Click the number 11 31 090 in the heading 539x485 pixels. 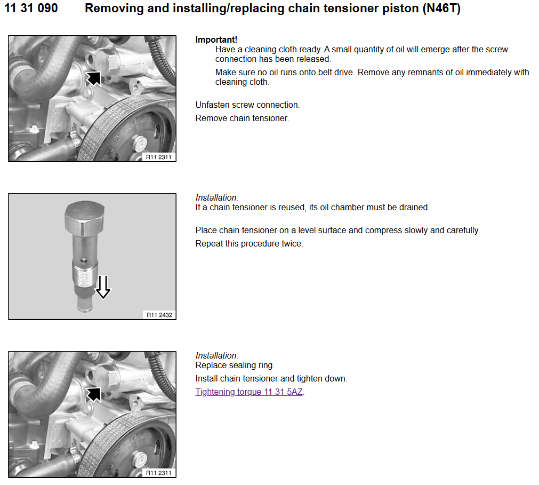[31, 8]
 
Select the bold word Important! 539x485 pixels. [216, 39]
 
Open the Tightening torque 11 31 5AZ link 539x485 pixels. [249, 392]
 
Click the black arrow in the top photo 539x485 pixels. [93, 78]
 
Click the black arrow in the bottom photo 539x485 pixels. [93, 394]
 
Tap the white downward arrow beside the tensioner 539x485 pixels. [103, 287]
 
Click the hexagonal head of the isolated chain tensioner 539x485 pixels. [85, 216]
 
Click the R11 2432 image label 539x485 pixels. [159, 315]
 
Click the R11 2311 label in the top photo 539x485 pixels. [158, 157]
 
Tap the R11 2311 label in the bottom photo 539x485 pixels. [158, 473]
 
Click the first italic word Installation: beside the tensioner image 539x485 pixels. [217, 198]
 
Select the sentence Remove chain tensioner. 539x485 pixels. [243, 118]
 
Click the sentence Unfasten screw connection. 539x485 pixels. [247, 105]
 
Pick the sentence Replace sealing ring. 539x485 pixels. [235, 365]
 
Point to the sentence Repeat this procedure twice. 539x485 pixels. [249, 243]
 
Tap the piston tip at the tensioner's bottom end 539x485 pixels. [85, 305]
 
